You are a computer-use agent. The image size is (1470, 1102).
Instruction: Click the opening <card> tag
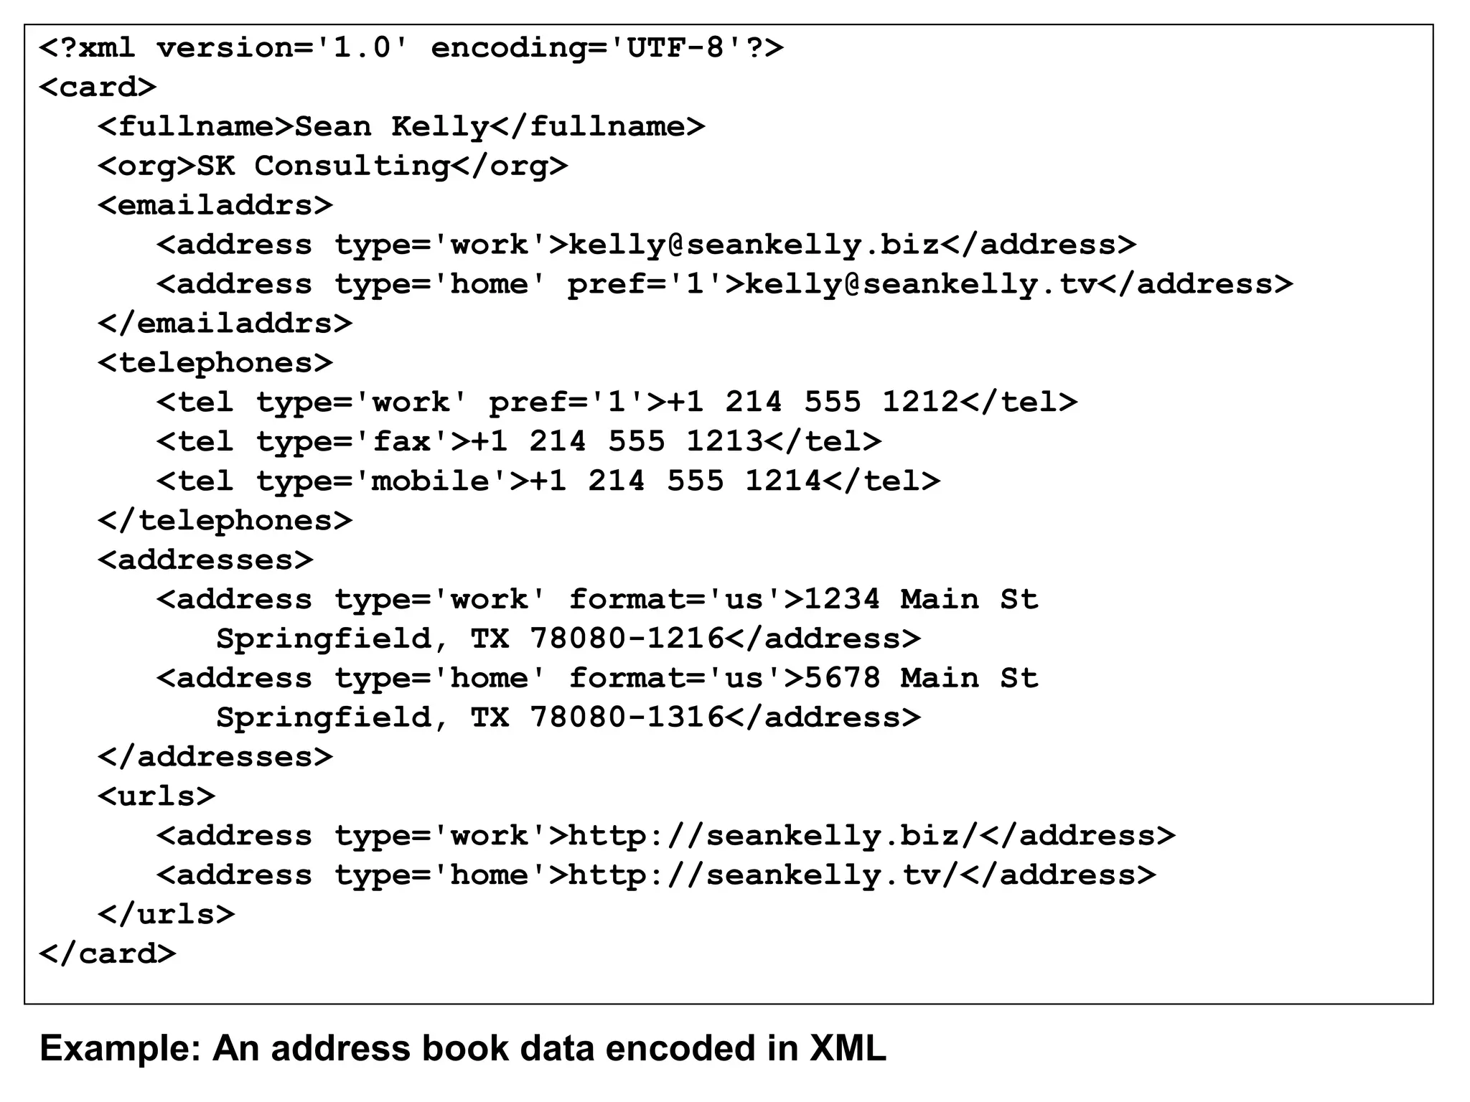click(x=98, y=88)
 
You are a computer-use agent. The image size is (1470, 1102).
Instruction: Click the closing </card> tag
click(x=108, y=953)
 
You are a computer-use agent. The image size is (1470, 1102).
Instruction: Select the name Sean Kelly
click(x=392, y=127)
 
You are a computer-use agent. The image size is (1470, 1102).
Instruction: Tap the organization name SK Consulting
click(x=323, y=166)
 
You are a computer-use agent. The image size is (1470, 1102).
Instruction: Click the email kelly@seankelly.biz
click(x=754, y=245)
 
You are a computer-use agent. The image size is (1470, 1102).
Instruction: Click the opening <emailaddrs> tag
click(x=215, y=206)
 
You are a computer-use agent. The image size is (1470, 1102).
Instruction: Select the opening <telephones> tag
click(x=215, y=363)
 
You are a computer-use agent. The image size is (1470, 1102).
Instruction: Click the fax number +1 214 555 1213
click(x=617, y=442)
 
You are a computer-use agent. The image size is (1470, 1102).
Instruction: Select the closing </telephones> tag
click(x=225, y=521)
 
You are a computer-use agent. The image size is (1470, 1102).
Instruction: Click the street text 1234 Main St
click(x=921, y=600)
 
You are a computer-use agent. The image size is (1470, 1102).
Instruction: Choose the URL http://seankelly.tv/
click(x=764, y=875)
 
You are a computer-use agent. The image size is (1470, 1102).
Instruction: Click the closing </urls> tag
click(x=167, y=914)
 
